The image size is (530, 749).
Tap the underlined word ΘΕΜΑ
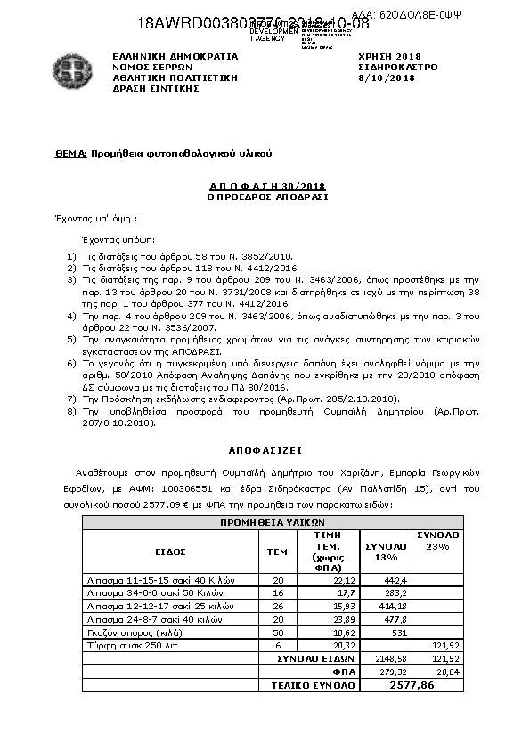point(70,154)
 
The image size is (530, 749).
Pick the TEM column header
point(278,552)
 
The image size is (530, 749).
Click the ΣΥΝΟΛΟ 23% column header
point(437,540)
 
